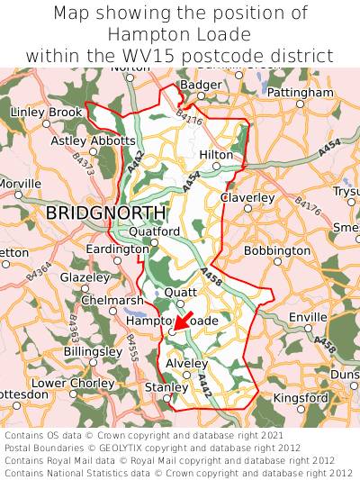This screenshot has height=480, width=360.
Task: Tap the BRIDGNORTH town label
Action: pos(105,213)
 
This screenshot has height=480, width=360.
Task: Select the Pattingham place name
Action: pos(301,93)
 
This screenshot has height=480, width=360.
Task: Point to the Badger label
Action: pos(201,85)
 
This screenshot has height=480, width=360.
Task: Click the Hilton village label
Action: pos(216,155)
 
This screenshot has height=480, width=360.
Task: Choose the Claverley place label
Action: pos(247,197)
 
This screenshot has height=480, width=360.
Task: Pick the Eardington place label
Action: pos(117,249)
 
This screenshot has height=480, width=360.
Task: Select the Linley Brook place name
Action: pos(46,112)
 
